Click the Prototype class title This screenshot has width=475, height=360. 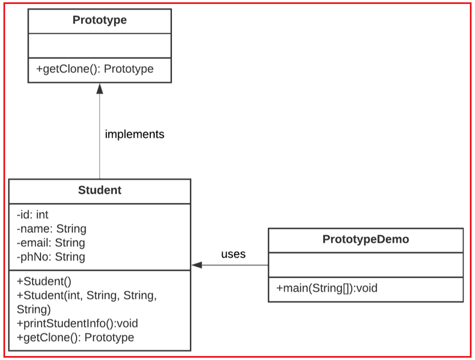tap(99, 21)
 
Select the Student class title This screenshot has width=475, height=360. tap(99, 190)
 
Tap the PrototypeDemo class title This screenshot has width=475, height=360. tap(365, 239)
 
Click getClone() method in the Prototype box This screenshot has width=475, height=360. tap(95, 69)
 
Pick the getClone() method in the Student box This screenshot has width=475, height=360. tap(75, 337)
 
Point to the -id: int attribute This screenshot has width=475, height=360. tap(33, 215)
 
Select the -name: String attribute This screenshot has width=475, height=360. tap(51, 229)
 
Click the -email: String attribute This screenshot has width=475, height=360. tap(51, 243)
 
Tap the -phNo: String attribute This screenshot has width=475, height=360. tap(51, 257)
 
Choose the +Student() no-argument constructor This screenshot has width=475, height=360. tap(44, 281)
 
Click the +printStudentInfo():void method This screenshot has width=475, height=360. tap(77, 323)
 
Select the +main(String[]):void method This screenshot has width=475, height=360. tap(327, 288)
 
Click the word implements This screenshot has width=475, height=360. tap(134, 134)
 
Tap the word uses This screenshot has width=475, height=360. tap(233, 254)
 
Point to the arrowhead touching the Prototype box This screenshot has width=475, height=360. tap(99, 88)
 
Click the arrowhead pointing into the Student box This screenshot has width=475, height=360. tap(197, 265)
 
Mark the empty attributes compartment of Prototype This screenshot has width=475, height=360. tap(99, 45)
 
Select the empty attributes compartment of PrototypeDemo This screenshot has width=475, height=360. tap(365, 265)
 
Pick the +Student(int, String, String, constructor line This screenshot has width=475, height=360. tap(86, 295)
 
